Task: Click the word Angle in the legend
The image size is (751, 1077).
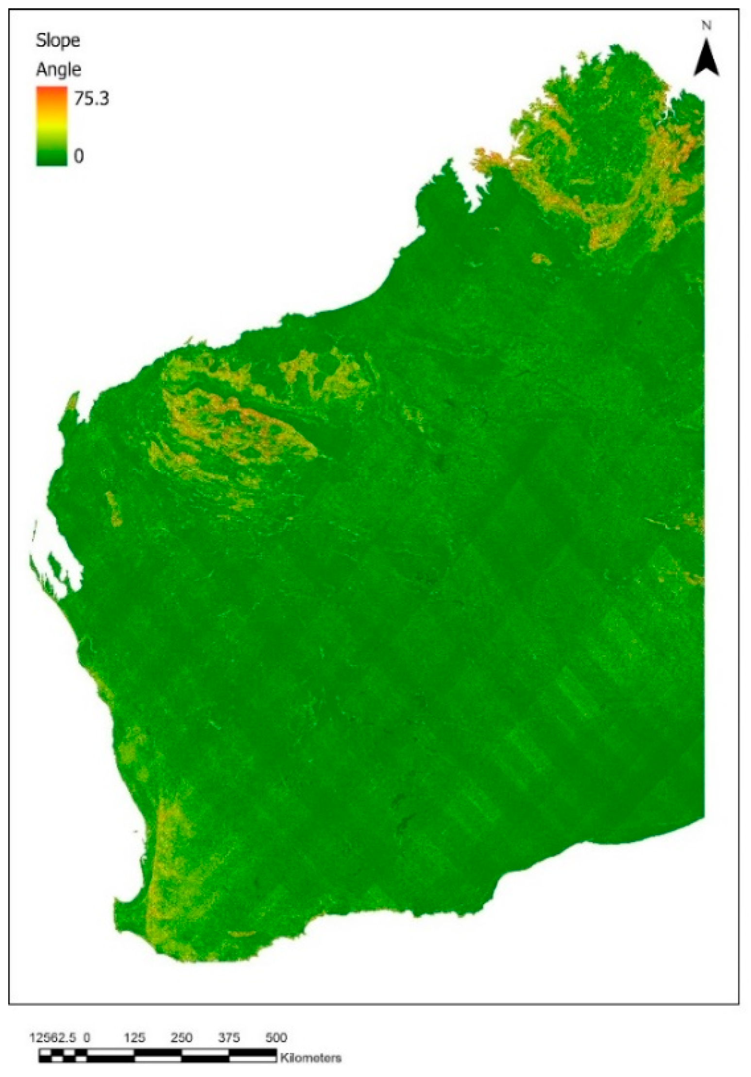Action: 58,70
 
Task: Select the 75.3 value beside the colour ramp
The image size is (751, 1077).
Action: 91,99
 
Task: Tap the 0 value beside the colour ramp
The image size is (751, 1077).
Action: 79,156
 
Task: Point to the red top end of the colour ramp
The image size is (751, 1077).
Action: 51,91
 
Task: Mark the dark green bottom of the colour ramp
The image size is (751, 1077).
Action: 51,160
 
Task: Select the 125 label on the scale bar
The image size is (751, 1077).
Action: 135,1038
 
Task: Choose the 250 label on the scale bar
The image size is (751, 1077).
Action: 181,1038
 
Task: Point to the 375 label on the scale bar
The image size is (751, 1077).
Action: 229,1038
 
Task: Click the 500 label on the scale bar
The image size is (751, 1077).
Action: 275,1038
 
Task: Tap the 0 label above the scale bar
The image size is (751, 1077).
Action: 87,1038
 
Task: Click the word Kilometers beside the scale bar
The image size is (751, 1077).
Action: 310,1057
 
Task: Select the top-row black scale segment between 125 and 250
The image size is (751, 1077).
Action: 158,1051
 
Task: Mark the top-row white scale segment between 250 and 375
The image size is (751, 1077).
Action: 205,1051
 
